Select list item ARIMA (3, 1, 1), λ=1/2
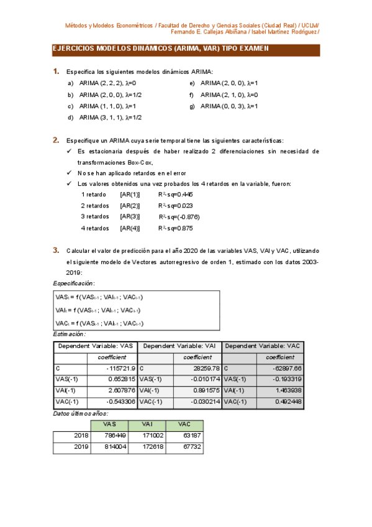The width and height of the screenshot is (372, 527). coord(111,117)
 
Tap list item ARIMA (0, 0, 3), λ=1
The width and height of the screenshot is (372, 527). coord(229,106)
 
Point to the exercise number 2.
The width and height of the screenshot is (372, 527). coord(56,140)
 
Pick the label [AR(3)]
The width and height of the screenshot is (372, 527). coord(130,216)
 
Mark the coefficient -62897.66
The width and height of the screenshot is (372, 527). coord(287,368)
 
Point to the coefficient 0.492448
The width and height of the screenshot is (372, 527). coord(288,401)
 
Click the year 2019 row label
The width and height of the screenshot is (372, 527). coord(81,446)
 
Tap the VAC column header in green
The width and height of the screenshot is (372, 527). coord(184,424)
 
